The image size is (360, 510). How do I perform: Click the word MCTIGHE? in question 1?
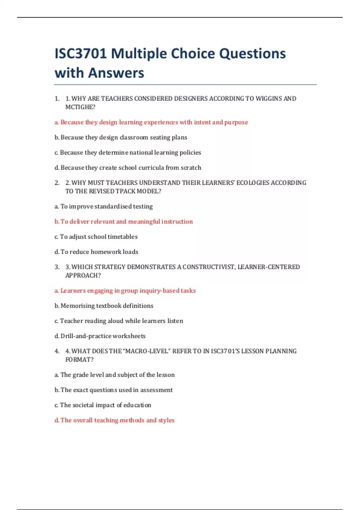(80, 107)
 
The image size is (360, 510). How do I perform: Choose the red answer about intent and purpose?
(151, 122)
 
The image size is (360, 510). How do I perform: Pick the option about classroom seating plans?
(121, 137)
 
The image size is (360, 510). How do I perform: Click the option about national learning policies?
(127, 153)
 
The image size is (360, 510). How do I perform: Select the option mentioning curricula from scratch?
(128, 168)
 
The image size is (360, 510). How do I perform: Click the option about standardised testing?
(103, 207)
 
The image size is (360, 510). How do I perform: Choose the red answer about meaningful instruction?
(124, 222)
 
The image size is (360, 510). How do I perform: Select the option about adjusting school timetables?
(96, 237)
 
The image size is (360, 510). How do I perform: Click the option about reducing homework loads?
(96, 252)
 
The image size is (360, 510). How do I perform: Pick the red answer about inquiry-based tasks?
(125, 291)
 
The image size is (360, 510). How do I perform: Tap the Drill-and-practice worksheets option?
(100, 336)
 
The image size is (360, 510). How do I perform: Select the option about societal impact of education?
(103, 405)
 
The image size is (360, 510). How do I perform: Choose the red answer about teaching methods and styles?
(114, 420)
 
